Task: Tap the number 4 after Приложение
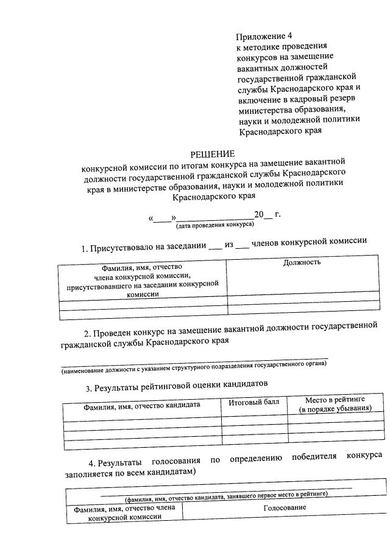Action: point(291,35)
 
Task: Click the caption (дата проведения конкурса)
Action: point(214,225)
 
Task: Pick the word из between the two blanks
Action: point(229,244)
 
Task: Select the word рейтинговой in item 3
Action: point(168,388)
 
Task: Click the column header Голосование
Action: point(284,507)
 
